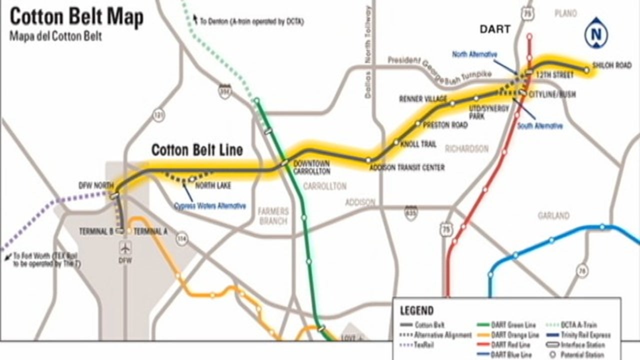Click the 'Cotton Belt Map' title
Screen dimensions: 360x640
coord(76,17)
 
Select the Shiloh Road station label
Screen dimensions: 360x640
coord(611,65)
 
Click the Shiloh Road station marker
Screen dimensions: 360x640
coord(587,70)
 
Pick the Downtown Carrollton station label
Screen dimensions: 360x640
coord(311,167)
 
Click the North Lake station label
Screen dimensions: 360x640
coord(213,186)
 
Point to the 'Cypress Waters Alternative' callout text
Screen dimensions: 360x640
coord(210,205)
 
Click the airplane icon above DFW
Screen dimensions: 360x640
coord(125,247)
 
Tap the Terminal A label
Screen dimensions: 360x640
coord(150,231)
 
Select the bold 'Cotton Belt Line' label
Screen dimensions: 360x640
coord(197,150)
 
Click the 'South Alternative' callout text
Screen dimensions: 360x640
coord(540,126)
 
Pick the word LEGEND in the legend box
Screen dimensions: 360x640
coord(416,311)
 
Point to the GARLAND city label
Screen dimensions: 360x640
coord(553,216)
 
